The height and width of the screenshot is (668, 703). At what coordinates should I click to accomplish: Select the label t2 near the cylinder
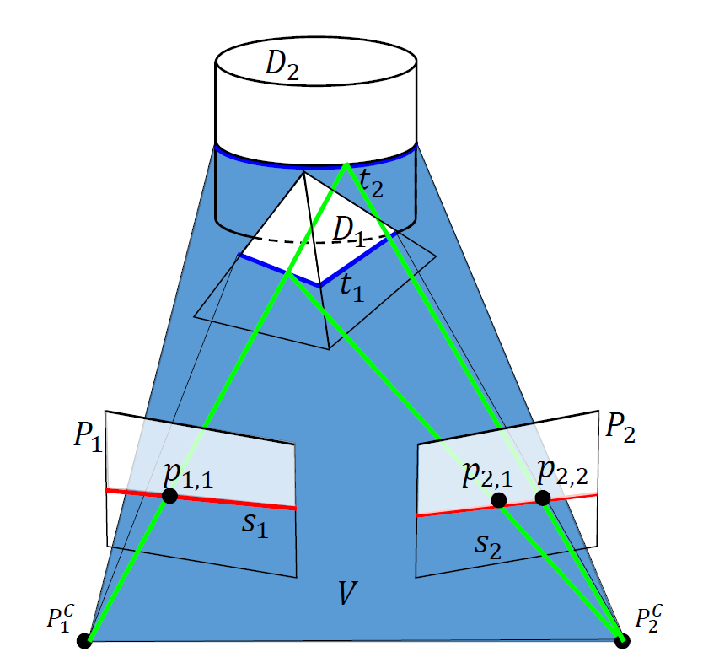[371, 182]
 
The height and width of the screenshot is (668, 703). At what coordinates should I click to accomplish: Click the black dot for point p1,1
[169, 496]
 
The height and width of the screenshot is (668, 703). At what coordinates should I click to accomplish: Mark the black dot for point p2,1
[499, 500]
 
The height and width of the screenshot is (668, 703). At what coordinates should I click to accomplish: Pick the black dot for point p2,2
[543, 498]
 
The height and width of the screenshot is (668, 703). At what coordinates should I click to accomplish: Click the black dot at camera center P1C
[83, 641]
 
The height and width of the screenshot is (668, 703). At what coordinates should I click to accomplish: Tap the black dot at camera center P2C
[622, 641]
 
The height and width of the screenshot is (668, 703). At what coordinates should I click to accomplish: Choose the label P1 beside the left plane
[88, 436]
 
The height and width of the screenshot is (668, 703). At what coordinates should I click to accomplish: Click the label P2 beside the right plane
[620, 430]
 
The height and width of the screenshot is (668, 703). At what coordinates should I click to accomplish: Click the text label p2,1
[487, 475]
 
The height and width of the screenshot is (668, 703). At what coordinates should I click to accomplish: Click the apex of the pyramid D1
[303, 173]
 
